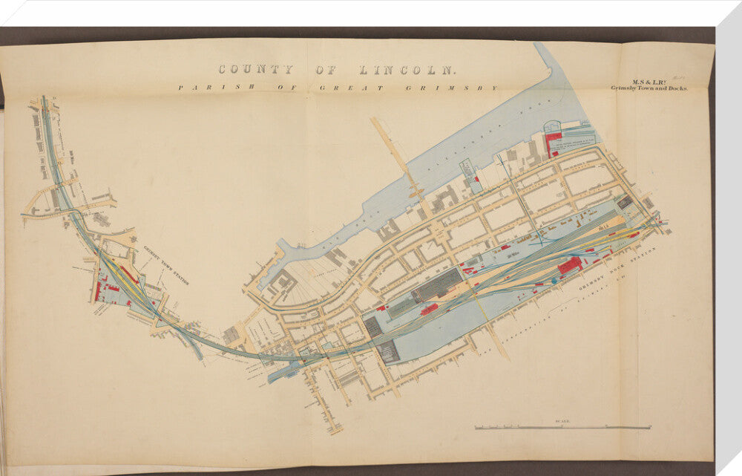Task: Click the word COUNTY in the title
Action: (x=255, y=70)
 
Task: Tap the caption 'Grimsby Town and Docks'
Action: (x=649, y=88)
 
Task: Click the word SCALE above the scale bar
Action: (x=562, y=422)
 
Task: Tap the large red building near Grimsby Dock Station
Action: (x=569, y=265)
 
